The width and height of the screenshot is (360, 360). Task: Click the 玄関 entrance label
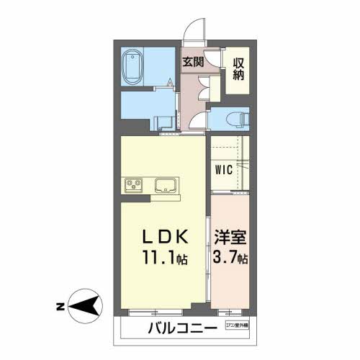tap(192, 61)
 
